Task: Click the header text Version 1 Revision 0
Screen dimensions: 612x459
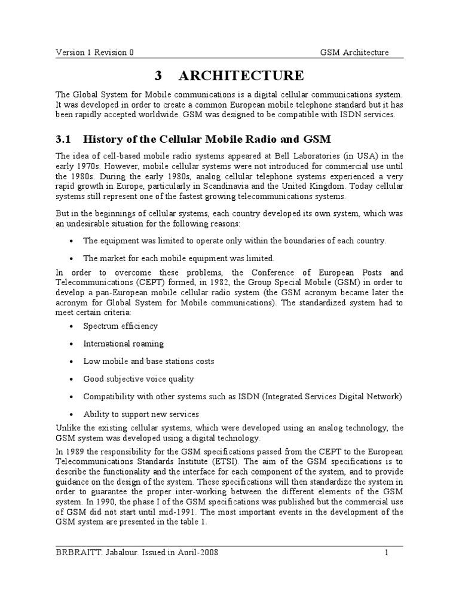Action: point(94,52)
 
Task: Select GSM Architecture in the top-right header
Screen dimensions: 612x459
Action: point(354,52)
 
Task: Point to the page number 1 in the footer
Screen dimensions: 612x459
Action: point(387,552)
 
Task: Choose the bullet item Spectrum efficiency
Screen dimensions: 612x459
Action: point(120,326)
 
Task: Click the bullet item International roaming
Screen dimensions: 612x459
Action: point(123,344)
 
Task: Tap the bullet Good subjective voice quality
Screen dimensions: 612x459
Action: point(138,379)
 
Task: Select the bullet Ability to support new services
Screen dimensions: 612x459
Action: point(141,414)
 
